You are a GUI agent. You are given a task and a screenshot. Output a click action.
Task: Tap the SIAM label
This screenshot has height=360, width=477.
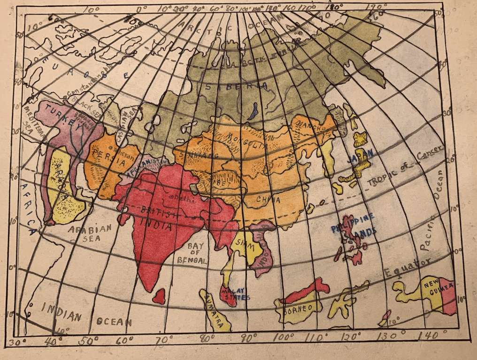(243, 243)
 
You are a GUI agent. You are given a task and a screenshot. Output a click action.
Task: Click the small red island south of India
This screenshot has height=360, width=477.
(159, 296)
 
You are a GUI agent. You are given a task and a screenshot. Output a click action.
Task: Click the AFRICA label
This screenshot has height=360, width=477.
(29, 209)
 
